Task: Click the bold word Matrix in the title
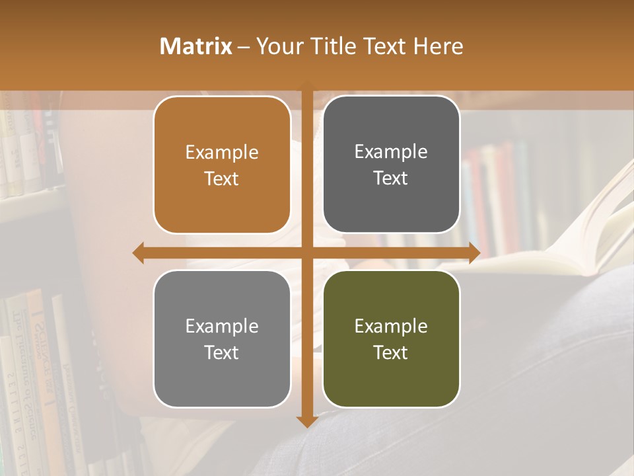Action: [196, 46]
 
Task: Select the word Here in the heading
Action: [438, 46]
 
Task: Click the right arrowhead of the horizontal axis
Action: [474, 253]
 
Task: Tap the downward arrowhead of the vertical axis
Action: [307, 420]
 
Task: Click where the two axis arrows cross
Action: [307, 253]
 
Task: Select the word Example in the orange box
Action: [222, 152]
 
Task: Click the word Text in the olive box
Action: [391, 352]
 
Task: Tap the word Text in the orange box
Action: [222, 178]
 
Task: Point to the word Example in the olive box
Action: [391, 326]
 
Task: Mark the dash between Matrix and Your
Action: [243, 46]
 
